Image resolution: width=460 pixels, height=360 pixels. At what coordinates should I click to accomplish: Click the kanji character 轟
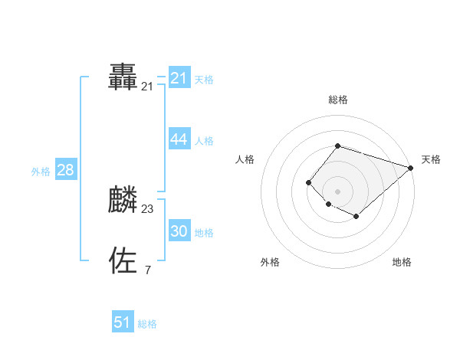pos(123,78)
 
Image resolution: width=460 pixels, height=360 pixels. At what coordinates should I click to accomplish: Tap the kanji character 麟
pos(123,199)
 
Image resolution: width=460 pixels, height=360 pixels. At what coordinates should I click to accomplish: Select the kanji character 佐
pos(123,260)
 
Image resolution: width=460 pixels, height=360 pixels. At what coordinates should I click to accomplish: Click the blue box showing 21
pos(179,78)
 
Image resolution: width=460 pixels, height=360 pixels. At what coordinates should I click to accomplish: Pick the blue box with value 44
pos(179,139)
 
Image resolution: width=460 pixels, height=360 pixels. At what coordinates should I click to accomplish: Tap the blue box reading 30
pos(179,231)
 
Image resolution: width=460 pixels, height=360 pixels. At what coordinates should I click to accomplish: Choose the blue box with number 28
pos(65,170)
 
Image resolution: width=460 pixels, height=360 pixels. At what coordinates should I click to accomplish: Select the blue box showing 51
pos(123,322)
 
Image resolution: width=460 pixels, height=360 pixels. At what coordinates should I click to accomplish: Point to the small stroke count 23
pos(147,208)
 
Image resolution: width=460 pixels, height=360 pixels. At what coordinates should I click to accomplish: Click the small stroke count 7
pos(147,270)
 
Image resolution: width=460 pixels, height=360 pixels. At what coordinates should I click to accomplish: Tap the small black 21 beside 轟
pos(147,87)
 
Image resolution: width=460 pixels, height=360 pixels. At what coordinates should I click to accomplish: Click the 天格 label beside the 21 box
pos(204,79)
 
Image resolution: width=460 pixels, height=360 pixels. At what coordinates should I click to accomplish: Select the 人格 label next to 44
pos(204,140)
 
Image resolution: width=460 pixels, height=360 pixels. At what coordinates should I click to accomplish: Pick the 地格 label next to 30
pos(204,232)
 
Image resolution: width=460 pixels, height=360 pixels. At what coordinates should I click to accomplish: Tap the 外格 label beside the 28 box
pos(41,172)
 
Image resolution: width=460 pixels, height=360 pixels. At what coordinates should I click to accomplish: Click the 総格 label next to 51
pos(147,323)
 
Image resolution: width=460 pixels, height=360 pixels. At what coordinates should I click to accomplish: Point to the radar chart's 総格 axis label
pos(337,100)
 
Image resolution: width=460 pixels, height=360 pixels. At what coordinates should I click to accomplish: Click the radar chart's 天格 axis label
pos(431,159)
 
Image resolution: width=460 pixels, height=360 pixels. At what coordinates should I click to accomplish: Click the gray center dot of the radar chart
pos(337,191)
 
